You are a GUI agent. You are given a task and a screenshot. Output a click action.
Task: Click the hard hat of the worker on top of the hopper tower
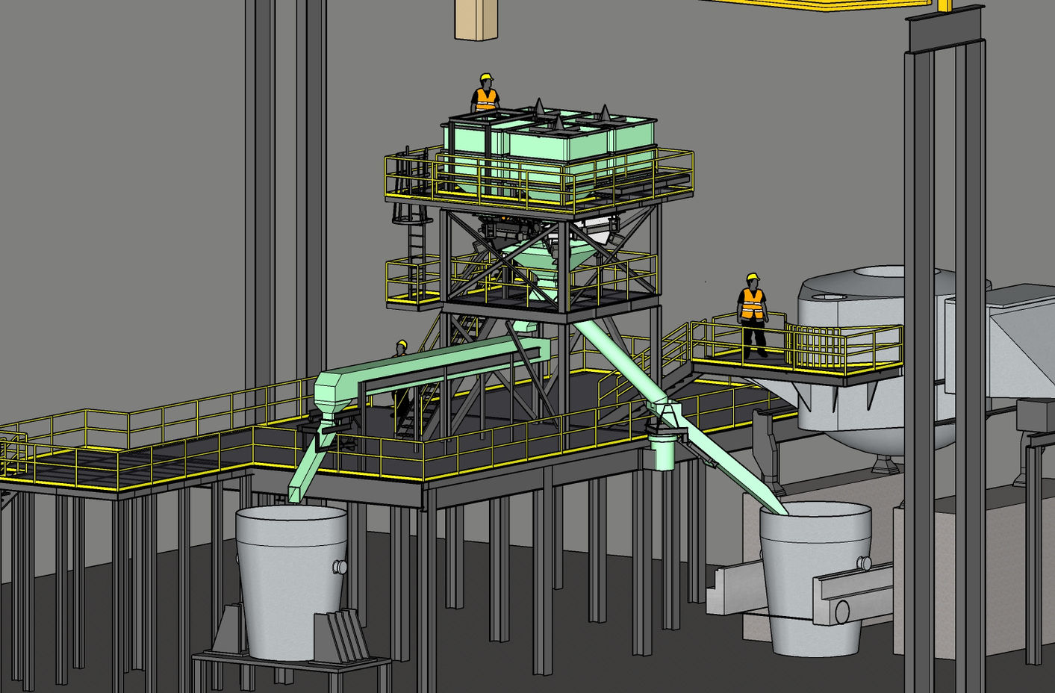486,77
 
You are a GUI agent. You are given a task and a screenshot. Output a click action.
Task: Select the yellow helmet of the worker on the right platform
753,278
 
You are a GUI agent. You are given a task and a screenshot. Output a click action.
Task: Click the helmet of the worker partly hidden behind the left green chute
401,345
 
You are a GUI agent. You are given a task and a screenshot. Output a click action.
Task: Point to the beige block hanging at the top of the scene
476,18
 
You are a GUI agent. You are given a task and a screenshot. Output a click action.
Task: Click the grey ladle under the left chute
290,582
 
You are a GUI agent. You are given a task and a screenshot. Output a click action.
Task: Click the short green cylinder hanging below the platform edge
662,453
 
